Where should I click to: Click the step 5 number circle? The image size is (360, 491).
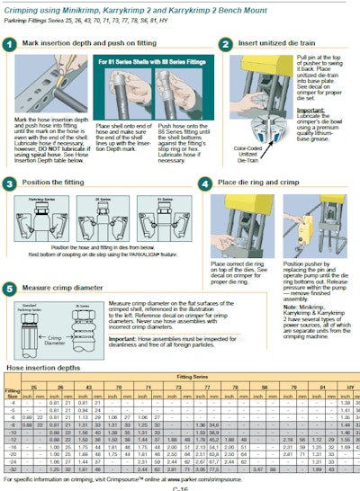pyautogui.click(x=9, y=290)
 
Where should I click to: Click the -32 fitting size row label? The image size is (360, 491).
pyautogui.click(x=13, y=469)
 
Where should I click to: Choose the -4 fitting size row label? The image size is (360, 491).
pyautogui.click(x=13, y=402)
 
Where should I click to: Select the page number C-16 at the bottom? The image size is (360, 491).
pyautogui.click(x=180, y=487)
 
